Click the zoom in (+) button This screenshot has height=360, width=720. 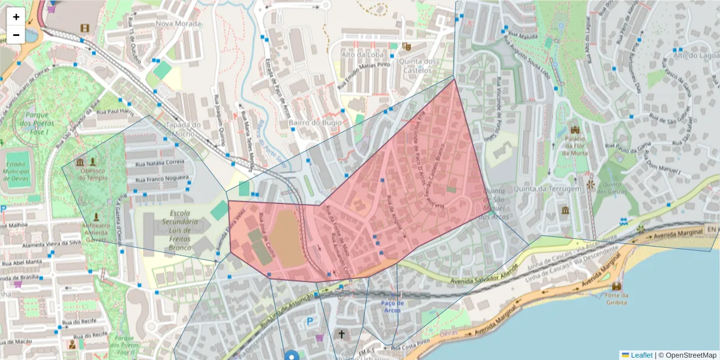point(16,17)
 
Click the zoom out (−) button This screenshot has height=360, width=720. point(16,35)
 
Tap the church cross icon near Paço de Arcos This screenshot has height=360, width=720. point(342,334)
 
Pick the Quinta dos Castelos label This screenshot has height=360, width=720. point(418,66)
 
